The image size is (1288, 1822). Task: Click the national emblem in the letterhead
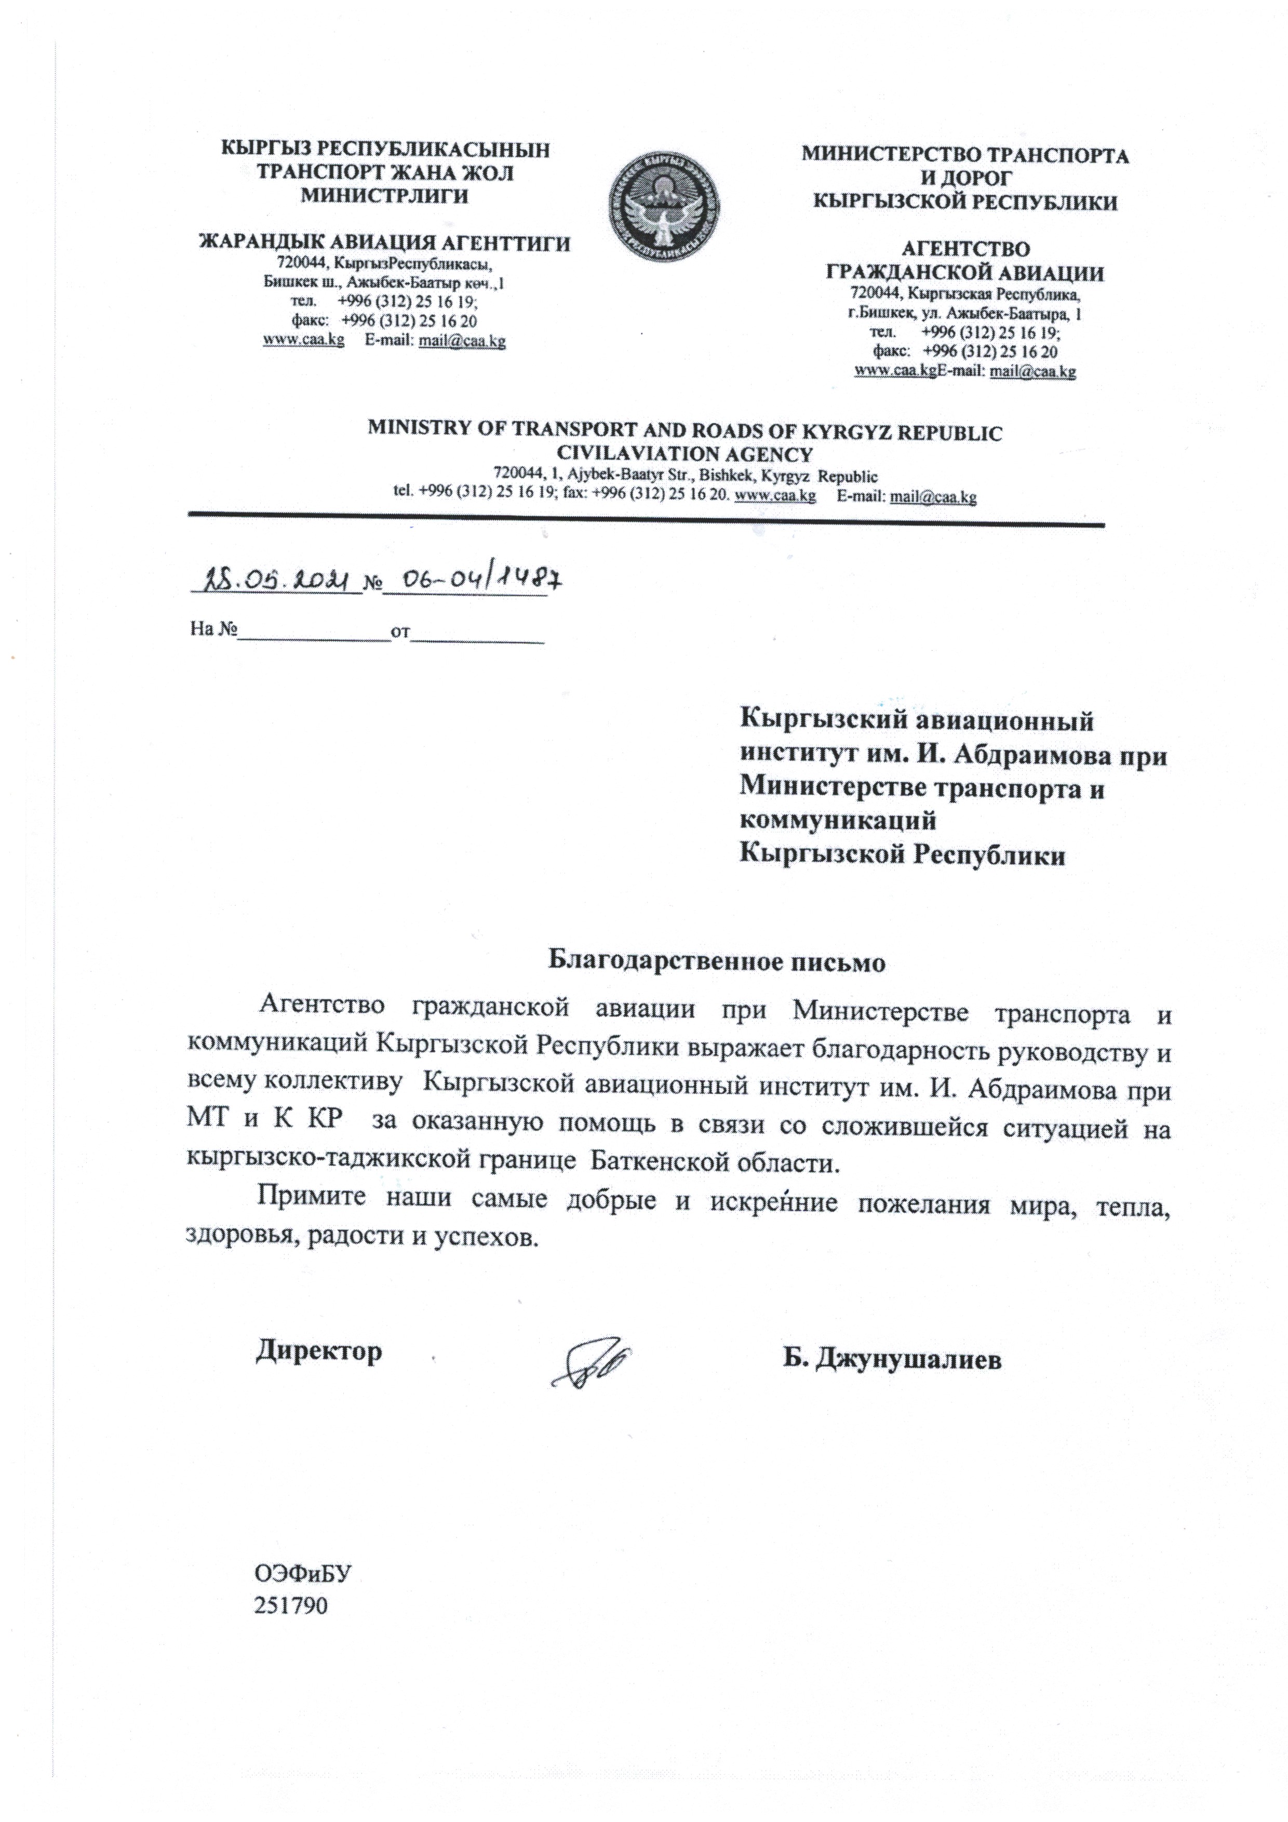663,204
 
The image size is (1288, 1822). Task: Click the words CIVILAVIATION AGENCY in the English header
685,454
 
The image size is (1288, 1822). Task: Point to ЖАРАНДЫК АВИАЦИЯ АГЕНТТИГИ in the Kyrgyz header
384,243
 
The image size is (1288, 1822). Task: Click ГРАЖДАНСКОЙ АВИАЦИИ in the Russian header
964,274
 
